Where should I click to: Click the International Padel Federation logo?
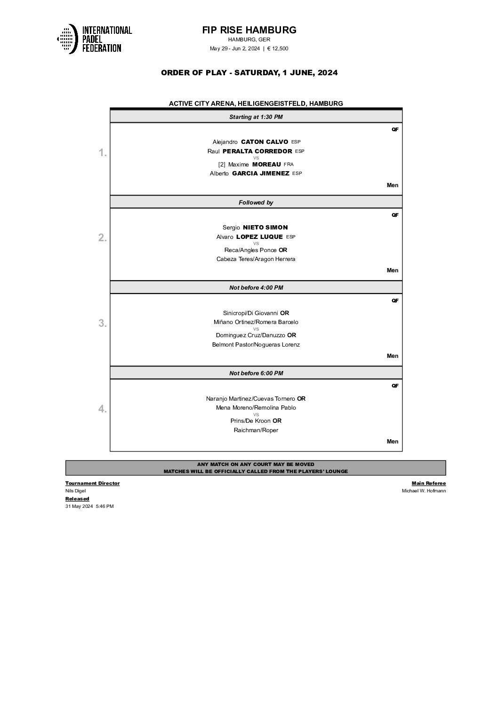point(94,39)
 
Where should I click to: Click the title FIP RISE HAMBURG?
point(249,30)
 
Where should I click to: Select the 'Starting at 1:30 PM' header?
point(256,117)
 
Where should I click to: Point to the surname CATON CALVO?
point(264,142)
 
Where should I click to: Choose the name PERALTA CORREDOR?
point(257,151)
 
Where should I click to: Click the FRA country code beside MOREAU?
point(289,165)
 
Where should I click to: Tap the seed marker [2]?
point(222,165)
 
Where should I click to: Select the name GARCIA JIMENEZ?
point(261,174)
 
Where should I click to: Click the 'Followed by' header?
point(256,202)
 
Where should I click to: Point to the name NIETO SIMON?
point(265,228)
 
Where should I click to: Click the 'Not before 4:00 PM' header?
point(256,287)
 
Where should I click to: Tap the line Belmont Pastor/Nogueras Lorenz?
point(256,345)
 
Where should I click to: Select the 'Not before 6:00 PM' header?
point(256,373)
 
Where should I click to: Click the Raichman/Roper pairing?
point(256,430)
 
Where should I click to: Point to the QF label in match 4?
point(395,386)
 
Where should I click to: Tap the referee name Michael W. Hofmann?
point(424,491)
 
